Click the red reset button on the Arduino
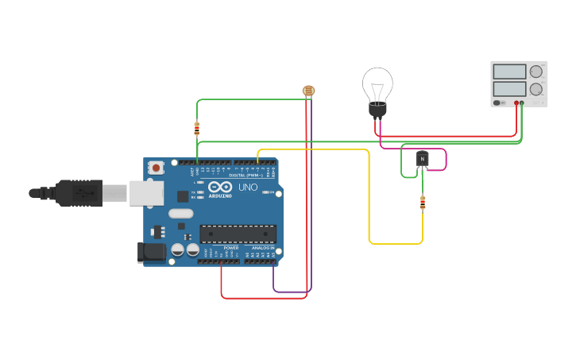157,168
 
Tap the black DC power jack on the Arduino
152,253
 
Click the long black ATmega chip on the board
238,234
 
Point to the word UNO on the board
248,188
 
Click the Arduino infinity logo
220,187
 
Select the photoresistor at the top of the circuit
308,91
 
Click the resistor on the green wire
197,128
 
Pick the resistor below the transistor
422,203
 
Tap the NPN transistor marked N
422,159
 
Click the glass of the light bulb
377,83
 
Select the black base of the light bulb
377,110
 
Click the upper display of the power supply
509,72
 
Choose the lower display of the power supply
509,89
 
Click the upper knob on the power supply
536,72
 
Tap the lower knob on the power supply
536,89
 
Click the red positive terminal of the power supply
516,103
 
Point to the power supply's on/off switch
497,103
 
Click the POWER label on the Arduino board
231,248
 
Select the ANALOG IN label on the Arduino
263,248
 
